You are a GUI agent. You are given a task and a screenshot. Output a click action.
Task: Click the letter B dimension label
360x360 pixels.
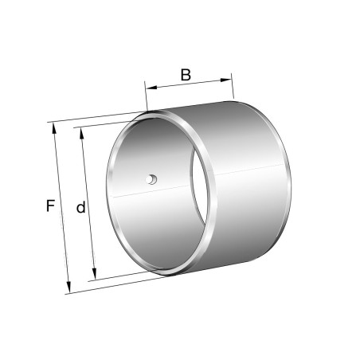coord(186,75)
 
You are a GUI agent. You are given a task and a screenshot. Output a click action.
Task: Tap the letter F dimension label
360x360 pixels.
coord(50,206)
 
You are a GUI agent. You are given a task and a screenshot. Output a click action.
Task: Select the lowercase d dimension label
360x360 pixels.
coord(80,208)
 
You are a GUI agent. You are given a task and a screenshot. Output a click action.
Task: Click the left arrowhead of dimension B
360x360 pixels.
coord(149,84)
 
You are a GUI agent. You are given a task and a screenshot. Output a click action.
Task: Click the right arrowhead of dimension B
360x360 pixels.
coord(229,78)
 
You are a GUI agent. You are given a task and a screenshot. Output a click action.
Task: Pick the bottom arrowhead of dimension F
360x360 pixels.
coord(68,288)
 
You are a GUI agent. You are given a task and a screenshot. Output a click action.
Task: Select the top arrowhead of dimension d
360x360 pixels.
coord(83,131)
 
